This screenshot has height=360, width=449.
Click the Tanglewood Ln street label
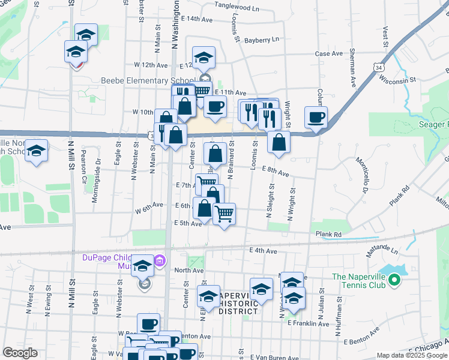point(237,8)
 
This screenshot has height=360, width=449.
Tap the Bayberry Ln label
point(262,40)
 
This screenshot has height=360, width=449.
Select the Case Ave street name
point(329,53)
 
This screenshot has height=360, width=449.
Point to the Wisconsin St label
point(397,79)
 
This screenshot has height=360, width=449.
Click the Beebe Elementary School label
point(148,80)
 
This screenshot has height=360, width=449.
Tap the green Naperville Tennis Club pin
point(394,280)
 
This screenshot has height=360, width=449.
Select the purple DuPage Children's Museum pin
point(159,261)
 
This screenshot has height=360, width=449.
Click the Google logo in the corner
point(20,353)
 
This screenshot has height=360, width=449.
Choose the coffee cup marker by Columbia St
point(316,117)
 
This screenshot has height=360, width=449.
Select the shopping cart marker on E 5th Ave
point(224,213)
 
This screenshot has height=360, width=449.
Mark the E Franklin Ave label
point(309,323)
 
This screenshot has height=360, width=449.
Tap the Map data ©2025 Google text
point(412,355)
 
